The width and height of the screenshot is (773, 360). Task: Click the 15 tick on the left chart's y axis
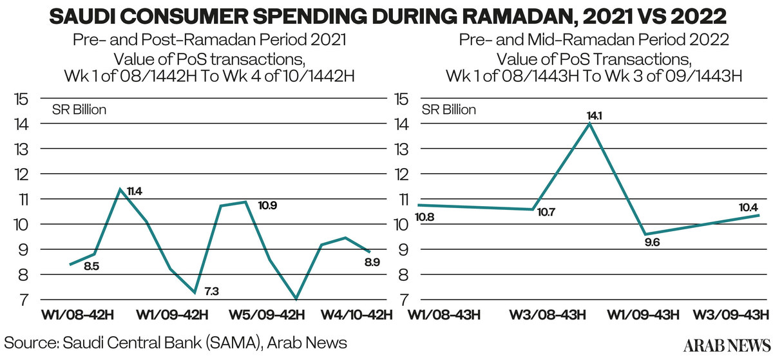click(23, 100)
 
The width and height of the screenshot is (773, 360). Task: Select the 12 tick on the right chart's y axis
click(401, 175)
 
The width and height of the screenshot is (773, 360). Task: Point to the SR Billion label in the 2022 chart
click(448, 109)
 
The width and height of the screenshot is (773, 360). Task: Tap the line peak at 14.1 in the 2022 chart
click(589, 124)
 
